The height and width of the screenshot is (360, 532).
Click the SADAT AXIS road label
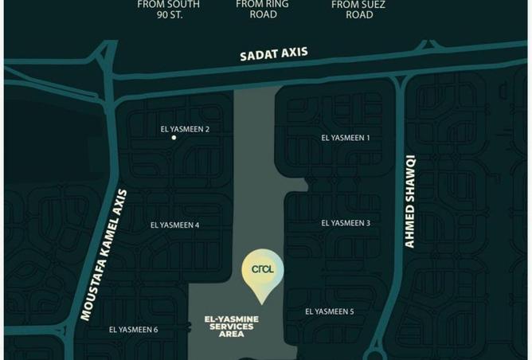click(x=274, y=55)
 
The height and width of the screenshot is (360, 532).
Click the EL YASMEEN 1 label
click(x=346, y=138)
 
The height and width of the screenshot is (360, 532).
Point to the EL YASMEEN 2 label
click(x=185, y=129)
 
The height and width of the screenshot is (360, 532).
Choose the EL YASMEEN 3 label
click(x=346, y=223)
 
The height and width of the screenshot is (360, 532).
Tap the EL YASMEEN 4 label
click(x=174, y=225)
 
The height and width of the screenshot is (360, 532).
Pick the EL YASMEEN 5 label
click(x=330, y=311)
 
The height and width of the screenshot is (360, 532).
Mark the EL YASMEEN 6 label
click(x=133, y=330)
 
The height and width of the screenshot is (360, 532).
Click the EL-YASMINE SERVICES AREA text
click(x=229, y=327)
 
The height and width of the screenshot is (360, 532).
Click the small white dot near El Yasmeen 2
click(x=174, y=138)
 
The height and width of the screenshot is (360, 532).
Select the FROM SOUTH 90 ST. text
click(x=168, y=9)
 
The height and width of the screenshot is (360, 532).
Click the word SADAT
click(x=258, y=57)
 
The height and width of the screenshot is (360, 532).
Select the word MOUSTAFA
click(x=91, y=292)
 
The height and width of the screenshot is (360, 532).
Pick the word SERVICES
click(x=229, y=327)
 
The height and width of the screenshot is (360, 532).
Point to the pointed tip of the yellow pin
click(x=262, y=301)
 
